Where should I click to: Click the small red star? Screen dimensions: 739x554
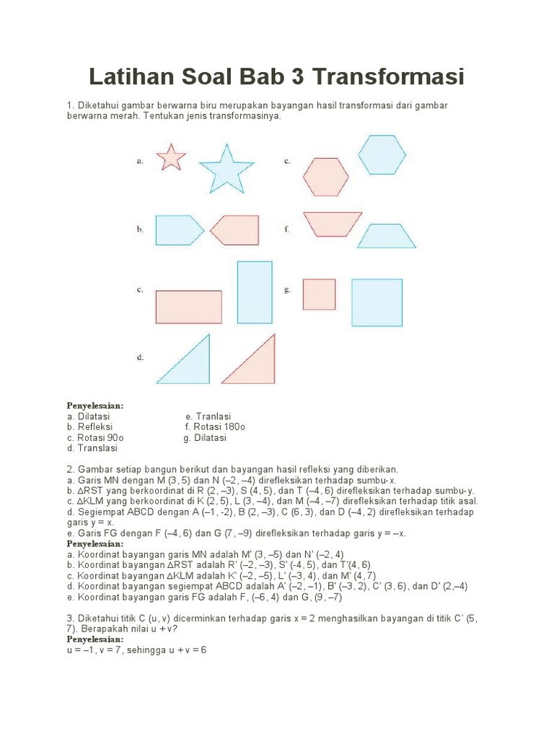(171, 157)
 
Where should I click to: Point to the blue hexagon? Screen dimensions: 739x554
(382, 154)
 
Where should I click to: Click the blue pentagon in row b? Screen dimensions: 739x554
(177, 230)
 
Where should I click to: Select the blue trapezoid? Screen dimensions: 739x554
(387, 237)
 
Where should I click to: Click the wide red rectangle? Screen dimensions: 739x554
(188, 307)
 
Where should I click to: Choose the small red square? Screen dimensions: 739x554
(319, 294)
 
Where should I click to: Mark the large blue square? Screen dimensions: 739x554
(377, 302)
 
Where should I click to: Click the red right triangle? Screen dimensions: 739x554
(254, 364)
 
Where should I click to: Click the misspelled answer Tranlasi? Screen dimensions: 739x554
(213, 416)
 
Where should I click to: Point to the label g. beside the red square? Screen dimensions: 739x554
(287, 290)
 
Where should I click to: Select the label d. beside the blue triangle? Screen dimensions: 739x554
(140, 357)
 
